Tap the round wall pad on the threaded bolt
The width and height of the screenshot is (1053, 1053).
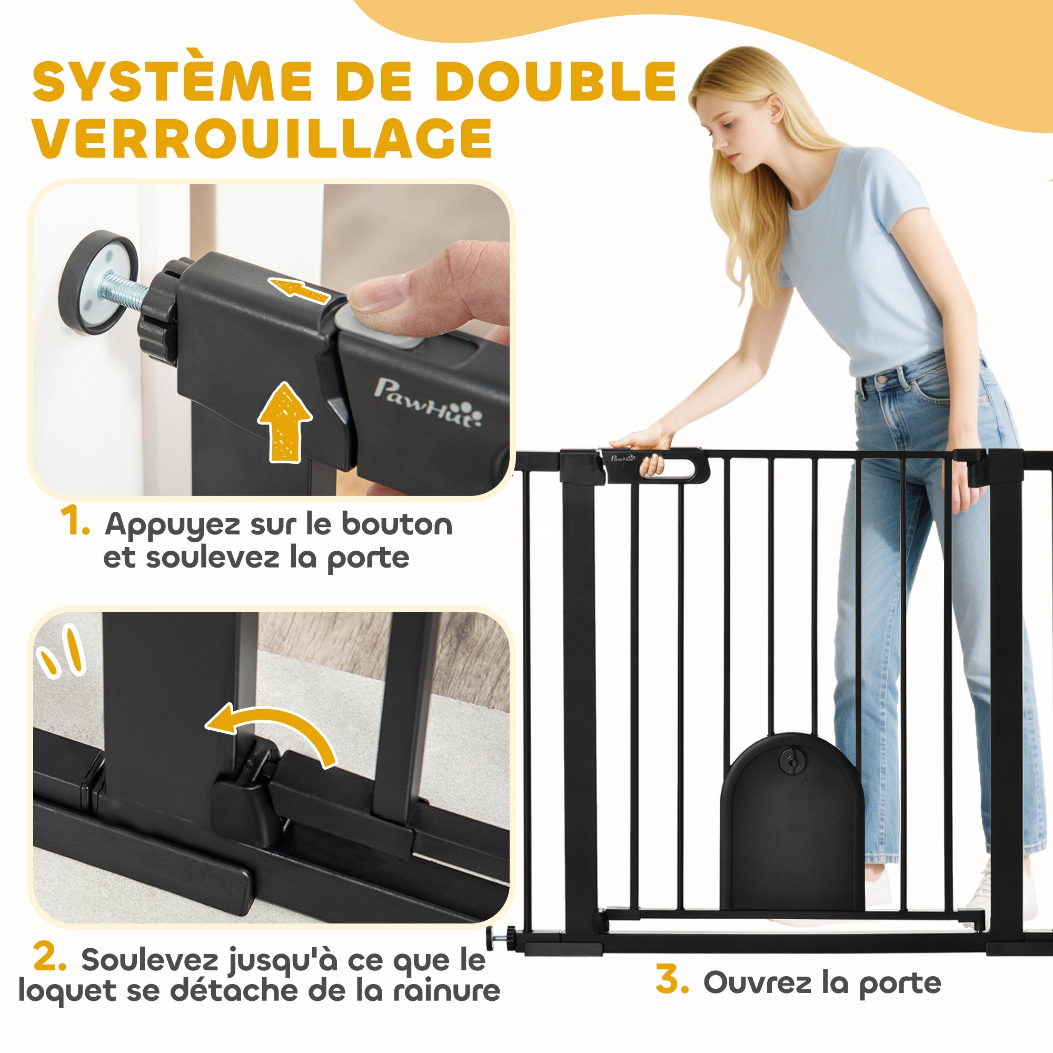click(98, 281)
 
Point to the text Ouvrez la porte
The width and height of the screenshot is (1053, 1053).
click(822, 982)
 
